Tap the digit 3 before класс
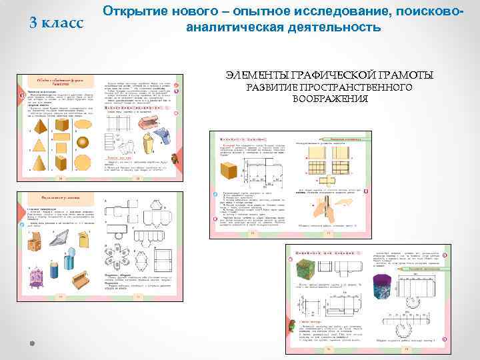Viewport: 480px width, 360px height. click(35, 23)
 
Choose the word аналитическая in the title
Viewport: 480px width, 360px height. click(238, 28)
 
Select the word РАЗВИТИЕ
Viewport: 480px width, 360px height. click(273, 87)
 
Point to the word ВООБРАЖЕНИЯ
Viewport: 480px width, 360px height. click(330, 99)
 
